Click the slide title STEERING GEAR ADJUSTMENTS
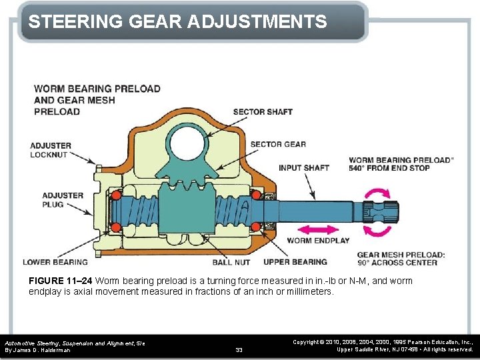point(177,21)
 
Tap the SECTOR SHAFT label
point(263,112)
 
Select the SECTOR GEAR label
point(278,144)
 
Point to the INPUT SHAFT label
point(304,168)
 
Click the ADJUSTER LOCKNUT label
point(50,150)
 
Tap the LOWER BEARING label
point(55,262)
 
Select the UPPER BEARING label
point(295,262)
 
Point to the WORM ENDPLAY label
point(318,241)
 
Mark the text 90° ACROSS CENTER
point(388,262)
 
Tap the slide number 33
point(239,349)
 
